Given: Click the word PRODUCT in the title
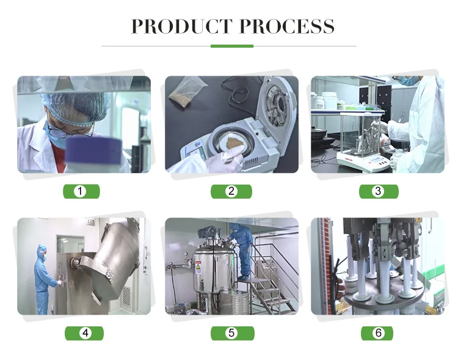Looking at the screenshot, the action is [181, 26].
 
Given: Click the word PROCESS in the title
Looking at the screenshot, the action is [287, 26].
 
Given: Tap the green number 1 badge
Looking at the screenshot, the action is [81, 191].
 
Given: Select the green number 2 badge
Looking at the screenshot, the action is [231, 191].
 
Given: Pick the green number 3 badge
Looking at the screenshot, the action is [379, 191].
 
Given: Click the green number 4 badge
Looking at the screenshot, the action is [84, 333].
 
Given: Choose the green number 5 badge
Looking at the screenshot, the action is [233, 333].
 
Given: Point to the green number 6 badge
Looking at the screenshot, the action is [377, 333].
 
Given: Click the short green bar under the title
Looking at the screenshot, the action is [232, 46].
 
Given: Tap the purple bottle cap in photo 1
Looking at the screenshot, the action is [93, 150].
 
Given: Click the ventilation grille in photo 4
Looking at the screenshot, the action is [126, 295].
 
